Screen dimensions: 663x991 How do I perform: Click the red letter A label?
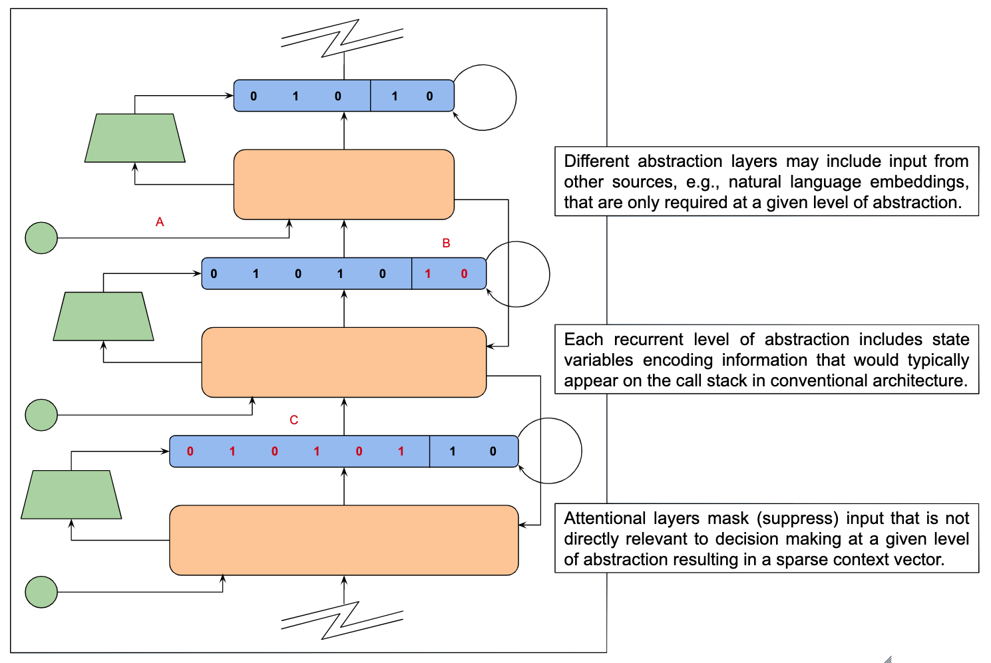160,222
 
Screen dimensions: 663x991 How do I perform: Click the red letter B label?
446,243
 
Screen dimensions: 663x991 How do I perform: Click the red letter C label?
294,420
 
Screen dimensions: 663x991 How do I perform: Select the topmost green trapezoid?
135,138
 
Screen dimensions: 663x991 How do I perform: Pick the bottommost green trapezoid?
71,495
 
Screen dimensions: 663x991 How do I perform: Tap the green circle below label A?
41,237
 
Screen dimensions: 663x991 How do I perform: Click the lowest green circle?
41,592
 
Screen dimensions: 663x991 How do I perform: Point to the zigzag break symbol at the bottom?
342,620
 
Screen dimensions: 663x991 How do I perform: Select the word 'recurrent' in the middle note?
648,340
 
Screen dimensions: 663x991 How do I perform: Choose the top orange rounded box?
344,184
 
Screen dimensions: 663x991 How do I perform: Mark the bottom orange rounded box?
344,540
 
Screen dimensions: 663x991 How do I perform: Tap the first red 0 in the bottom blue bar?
190,452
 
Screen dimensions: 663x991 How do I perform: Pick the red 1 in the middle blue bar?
428,274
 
